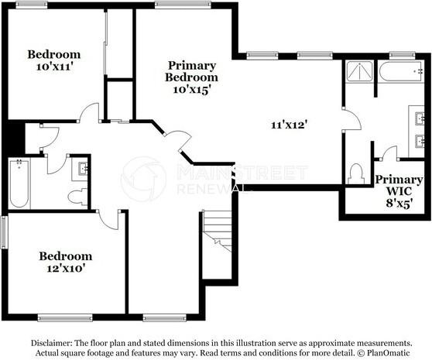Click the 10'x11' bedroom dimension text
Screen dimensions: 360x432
click(x=53, y=67)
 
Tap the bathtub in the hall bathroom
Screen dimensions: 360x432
click(x=19, y=184)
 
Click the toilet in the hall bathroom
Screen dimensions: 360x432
click(x=78, y=197)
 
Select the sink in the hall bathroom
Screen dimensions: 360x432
click(x=83, y=168)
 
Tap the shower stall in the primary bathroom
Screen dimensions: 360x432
click(x=359, y=73)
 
